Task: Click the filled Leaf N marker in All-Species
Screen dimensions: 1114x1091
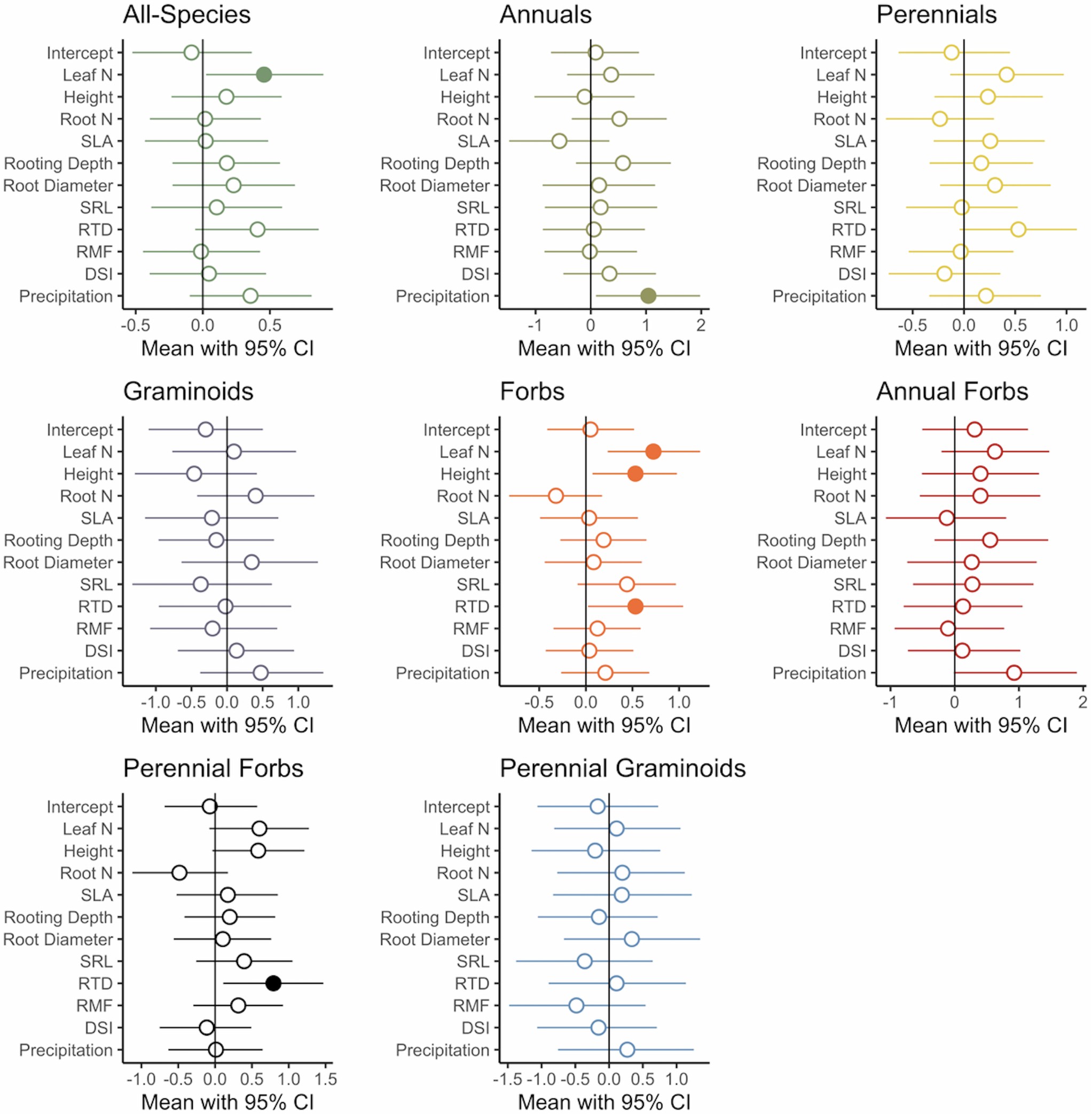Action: click(x=264, y=75)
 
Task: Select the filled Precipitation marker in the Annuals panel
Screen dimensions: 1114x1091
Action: click(x=648, y=296)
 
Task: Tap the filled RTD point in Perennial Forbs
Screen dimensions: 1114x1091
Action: click(x=273, y=983)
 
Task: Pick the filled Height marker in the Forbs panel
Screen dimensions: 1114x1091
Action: click(x=635, y=473)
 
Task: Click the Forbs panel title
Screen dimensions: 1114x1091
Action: click(x=532, y=392)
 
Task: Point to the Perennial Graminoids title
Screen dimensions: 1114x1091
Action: click(x=622, y=768)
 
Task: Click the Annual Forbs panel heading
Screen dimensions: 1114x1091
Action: click(x=952, y=392)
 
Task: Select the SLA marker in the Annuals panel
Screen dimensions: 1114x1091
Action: click(x=559, y=141)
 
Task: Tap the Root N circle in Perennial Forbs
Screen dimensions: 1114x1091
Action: click(x=179, y=872)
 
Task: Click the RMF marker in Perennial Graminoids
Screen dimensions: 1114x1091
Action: click(x=576, y=1005)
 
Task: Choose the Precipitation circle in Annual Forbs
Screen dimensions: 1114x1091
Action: click(x=1014, y=673)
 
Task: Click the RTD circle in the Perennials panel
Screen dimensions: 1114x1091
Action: click(x=1018, y=229)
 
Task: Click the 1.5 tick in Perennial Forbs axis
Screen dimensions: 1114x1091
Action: click(x=325, y=1080)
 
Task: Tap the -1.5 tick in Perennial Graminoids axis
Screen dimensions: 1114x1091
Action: click(x=508, y=1080)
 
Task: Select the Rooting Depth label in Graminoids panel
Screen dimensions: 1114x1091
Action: click(x=58, y=540)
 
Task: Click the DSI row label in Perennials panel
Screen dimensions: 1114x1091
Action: click(x=852, y=274)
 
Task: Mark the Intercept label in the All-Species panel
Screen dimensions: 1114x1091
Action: click(x=80, y=53)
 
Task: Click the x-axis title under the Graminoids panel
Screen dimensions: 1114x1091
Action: click(x=227, y=725)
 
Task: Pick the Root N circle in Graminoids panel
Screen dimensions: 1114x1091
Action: click(x=256, y=496)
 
